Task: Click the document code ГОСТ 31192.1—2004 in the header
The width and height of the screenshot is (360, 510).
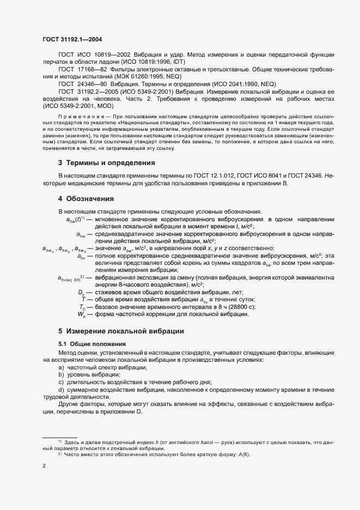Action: pos(72,39)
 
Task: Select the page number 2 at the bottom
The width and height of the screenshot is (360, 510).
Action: pos(44,466)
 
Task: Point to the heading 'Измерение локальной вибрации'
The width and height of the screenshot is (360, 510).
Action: pos(125,331)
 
